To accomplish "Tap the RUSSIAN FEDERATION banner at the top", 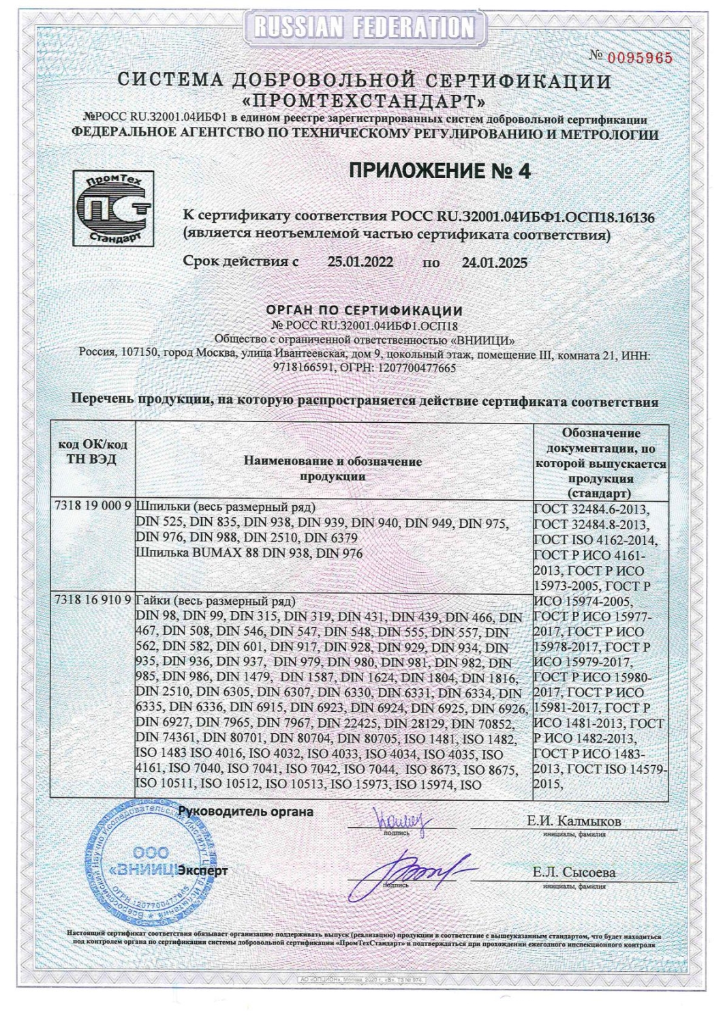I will [x=362, y=27].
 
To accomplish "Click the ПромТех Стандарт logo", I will [x=113, y=209].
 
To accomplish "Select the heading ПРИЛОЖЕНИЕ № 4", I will [x=440, y=170].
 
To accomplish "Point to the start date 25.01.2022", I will [x=360, y=262].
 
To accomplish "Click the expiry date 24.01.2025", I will [x=494, y=263].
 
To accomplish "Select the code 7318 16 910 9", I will [x=93, y=601].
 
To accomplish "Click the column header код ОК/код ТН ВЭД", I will [x=93, y=451].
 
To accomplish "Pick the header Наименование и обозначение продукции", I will [x=333, y=469].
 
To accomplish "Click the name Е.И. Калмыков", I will [x=574, y=820].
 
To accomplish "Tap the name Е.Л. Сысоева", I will [x=574, y=872].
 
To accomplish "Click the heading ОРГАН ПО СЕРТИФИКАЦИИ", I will [x=364, y=311].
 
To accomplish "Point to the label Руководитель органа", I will [x=245, y=812].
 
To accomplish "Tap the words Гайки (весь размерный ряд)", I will [x=217, y=602].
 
